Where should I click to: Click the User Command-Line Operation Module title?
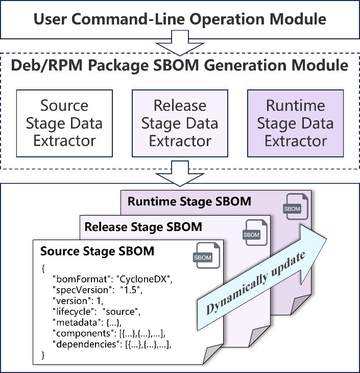pyautogui.click(x=180, y=19)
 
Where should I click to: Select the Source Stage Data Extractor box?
pyautogui.click(x=64, y=123)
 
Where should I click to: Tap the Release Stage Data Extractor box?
pyautogui.click(x=180, y=123)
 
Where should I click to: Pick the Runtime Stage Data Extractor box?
pyautogui.click(x=296, y=123)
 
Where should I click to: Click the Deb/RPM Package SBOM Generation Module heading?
pyautogui.click(x=180, y=65)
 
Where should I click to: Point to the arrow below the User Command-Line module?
pyautogui.click(x=180, y=43)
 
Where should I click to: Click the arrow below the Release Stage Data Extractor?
pyautogui.click(x=180, y=173)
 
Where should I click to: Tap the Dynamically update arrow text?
pyautogui.click(x=256, y=283)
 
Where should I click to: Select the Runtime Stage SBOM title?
pyautogui.click(x=189, y=201)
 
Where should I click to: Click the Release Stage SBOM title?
pyautogui.click(x=143, y=227)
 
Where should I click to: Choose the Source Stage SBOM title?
pyautogui.click(x=97, y=251)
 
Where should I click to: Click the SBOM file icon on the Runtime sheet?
pyautogui.click(x=296, y=206)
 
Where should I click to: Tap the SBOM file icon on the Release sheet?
pyautogui.click(x=255, y=232)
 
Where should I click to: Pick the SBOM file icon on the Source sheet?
pyautogui.click(x=206, y=255)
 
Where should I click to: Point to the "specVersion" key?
pyautogui.click(x=82, y=290)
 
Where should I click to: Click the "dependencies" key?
pyautogui.click(x=86, y=344)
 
